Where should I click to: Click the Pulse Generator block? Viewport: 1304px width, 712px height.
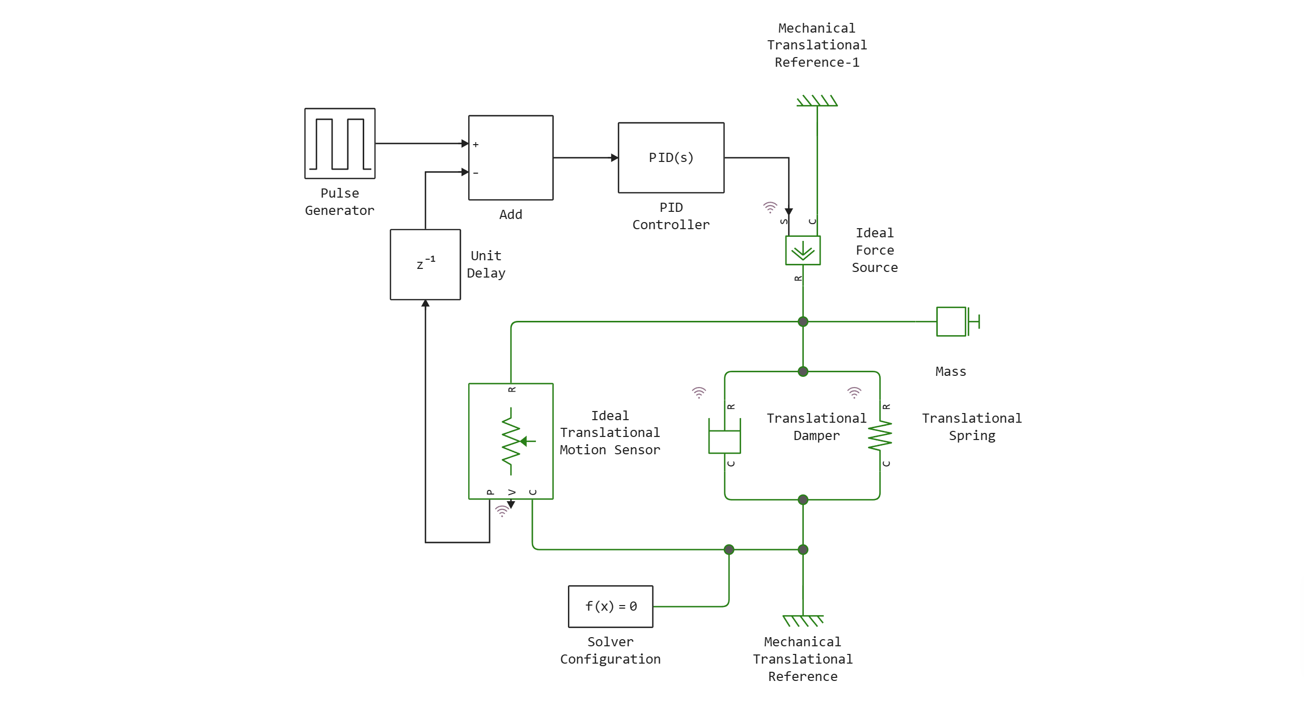pyautogui.click(x=340, y=144)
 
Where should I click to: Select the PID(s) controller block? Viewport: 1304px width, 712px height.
pyautogui.click(x=671, y=158)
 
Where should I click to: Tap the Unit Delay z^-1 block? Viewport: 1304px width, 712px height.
pyautogui.click(x=425, y=265)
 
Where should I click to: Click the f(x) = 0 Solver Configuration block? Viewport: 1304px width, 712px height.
pyautogui.click(x=611, y=607)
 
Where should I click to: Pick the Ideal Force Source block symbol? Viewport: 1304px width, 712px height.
pyautogui.click(x=803, y=250)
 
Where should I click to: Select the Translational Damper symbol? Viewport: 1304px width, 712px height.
pyautogui.click(x=724, y=436)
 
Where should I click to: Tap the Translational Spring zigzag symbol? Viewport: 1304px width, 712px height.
pyautogui.click(x=880, y=436)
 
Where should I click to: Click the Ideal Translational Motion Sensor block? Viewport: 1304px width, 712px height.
pyautogui.click(x=511, y=441)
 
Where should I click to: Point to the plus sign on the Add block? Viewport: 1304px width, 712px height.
pyautogui.click(x=476, y=145)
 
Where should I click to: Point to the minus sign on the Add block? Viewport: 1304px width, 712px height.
pyautogui.click(x=476, y=173)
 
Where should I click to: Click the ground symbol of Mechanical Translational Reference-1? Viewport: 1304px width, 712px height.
pyautogui.click(x=817, y=101)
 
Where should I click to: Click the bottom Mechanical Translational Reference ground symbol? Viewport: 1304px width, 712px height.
pyautogui.click(x=803, y=620)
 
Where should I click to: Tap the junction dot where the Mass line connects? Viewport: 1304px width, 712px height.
pyautogui.click(x=803, y=321)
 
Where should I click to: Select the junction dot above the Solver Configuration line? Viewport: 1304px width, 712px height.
pyautogui.click(x=729, y=550)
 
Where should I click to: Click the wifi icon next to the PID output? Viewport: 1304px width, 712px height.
pyautogui.click(x=770, y=207)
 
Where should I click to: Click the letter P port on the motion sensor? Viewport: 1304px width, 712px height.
pyautogui.click(x=490, y=492)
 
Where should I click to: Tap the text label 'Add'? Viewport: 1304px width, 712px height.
pyautogui.click(x=511, y=214)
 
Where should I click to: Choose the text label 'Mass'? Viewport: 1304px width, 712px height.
pyautogui.click(x=950, y=372)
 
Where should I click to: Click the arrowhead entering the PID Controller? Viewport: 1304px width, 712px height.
pyautogui.click(x=614, y=158)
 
